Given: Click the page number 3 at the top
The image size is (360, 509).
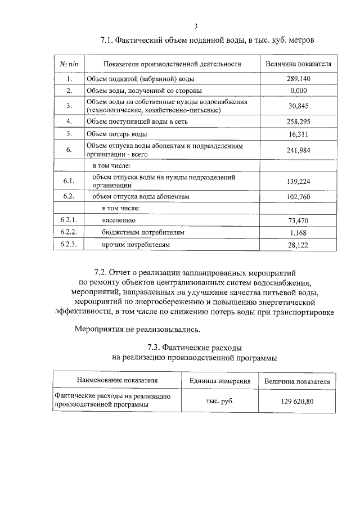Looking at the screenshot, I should pyautogui.click(x=196, y=26).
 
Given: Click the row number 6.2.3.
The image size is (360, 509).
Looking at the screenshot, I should pyautogui.click(x=69, y=245).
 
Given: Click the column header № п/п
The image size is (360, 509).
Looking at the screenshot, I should pyautogui.click(x=69, y=64).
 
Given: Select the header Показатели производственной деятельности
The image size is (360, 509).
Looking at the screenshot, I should pyautogui.click(x=168, y=64).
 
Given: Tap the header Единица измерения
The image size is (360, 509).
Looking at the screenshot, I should pyautogui.click(x=220, y=381).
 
